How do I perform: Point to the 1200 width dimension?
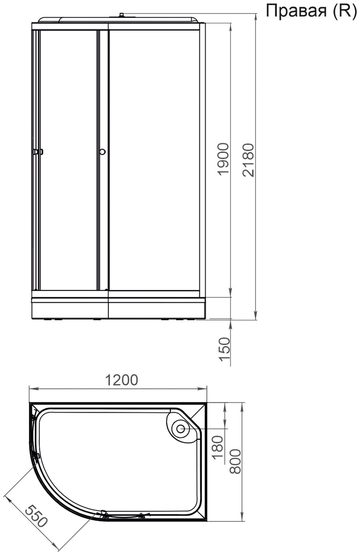tap(121, 380)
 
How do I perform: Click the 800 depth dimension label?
tap(235, 462)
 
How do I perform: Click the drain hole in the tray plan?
tap(181, 429)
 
